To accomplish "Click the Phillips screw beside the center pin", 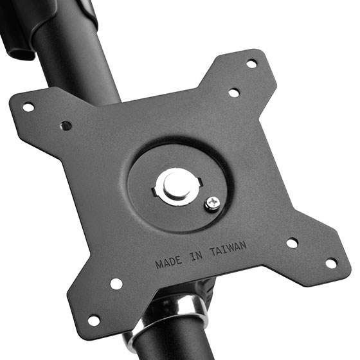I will [x=212, y=203].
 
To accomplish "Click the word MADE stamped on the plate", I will [x=168, y=262].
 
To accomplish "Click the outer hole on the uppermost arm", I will [x=251, y=63].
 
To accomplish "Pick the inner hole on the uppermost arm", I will [x=234, y=93].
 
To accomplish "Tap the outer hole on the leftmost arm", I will [x=28, y=107].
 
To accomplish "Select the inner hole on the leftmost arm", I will [x=66, y=126].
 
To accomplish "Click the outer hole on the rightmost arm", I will [x=330, y=263].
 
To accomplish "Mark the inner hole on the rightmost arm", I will [x=292, y=243].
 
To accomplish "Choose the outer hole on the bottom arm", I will [x=94, y=320].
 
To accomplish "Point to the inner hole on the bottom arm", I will [x=116, y=283].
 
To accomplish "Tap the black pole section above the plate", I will [x=84, y=58].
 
